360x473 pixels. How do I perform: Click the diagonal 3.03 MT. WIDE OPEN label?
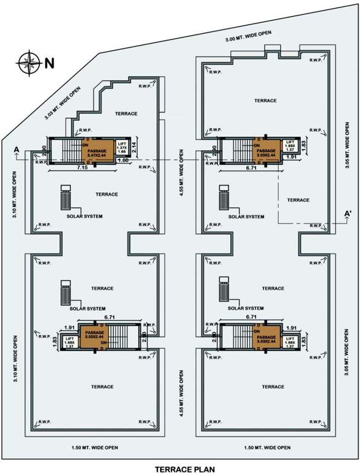[x=63, y=102]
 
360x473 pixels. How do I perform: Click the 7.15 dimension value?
[x=81, y=168]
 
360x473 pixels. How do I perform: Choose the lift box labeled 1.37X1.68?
[x=122, y=147]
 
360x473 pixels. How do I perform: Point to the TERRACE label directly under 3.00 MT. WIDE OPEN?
[x=264, y=100]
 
